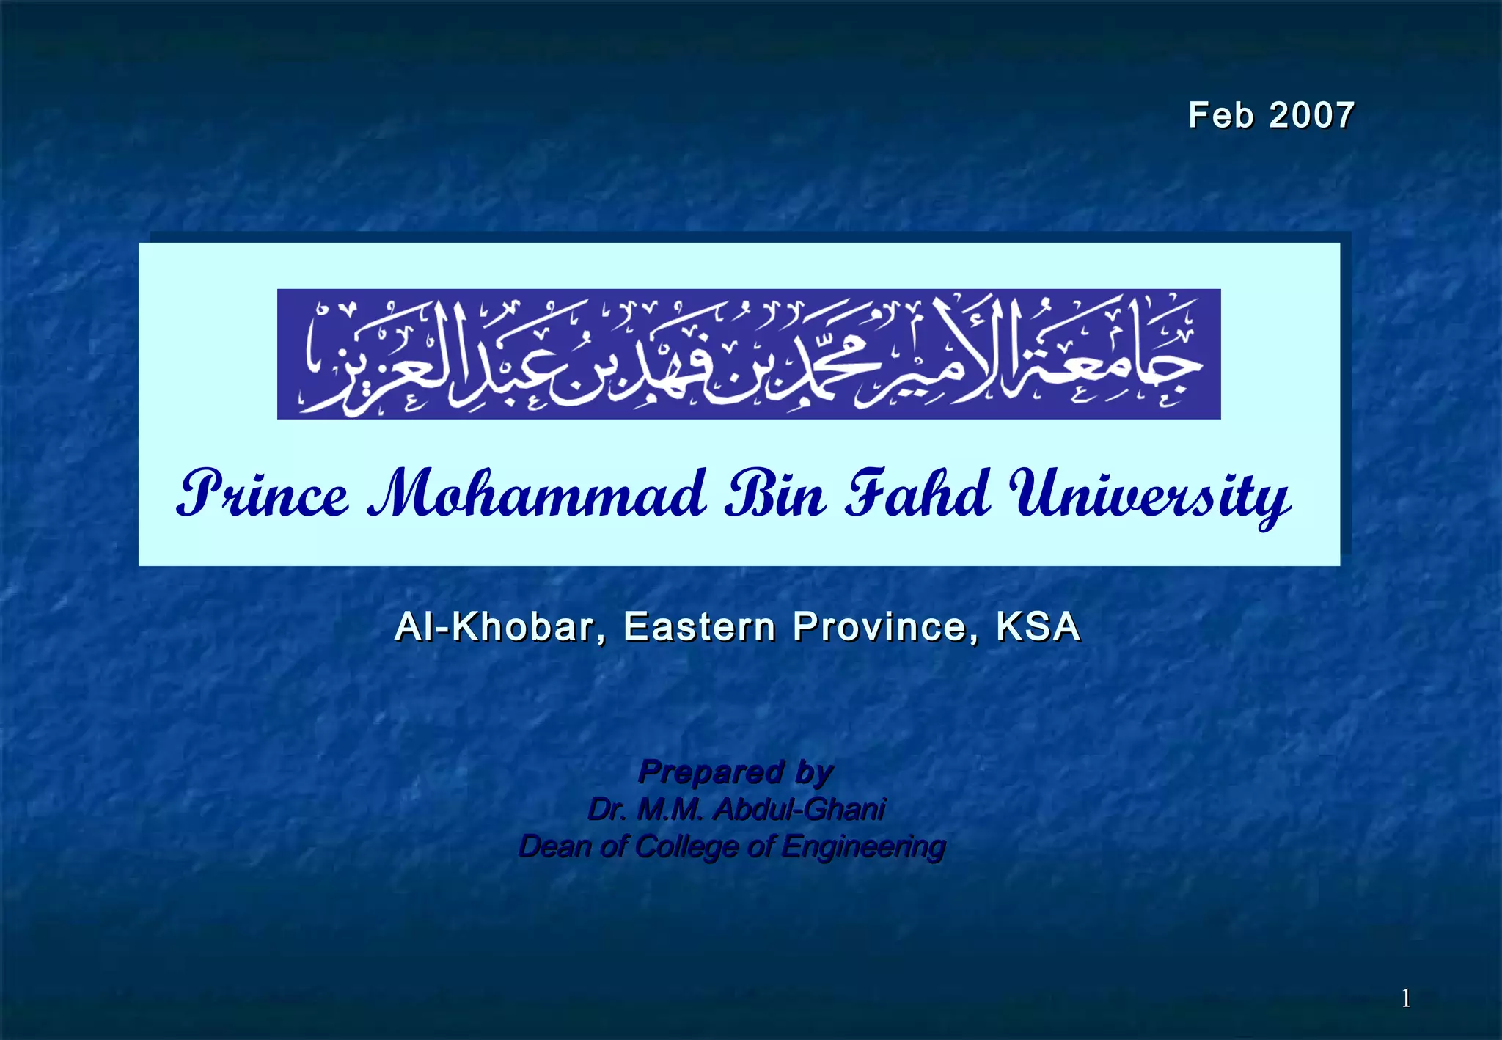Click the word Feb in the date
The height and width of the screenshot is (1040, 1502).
coord(1220,116)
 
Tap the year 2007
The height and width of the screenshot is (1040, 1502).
coord(1311,116)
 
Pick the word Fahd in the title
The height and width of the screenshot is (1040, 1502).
coord(917,493)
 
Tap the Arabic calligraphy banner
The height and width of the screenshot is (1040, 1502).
coord(749,354)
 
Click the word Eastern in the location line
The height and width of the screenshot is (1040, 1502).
coord(700,627)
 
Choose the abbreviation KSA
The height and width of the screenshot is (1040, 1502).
coord(1038,627)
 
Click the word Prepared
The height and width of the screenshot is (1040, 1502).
coord(711,772)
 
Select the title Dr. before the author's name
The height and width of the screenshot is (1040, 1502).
coord(607,810)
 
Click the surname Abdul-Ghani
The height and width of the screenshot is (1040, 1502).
coord(799,810)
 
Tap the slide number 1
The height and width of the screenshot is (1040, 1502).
coord(1406,998)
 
